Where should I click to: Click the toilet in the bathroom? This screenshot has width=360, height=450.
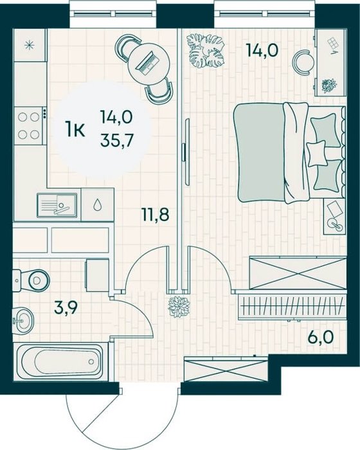[31, 280]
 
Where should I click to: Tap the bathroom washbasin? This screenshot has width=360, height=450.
[23, 320]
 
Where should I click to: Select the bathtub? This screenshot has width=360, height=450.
[60, 362]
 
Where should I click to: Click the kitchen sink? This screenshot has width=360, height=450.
[57, 205]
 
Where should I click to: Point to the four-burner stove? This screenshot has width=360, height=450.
[28, 125]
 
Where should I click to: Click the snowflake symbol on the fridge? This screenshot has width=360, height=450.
[29, 46]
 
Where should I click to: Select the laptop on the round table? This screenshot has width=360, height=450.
[148, 62]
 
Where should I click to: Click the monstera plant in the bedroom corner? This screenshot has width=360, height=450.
[205, 51]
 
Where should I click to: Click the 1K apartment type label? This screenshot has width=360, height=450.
[75, 129]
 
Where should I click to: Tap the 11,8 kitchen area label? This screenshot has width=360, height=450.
[155, 214]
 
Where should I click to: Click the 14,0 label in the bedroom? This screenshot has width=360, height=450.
[262, 50]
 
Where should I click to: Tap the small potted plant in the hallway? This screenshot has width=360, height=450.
[179, 307]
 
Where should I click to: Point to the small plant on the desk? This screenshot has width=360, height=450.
[329, 85]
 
